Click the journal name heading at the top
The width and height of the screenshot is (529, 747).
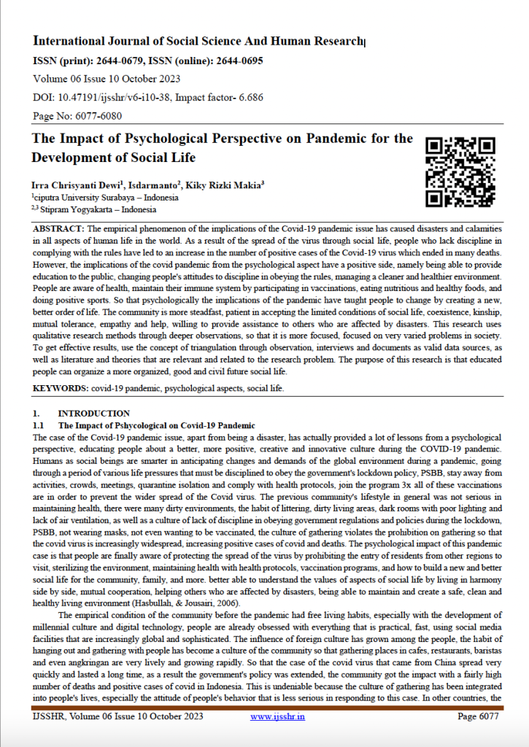click(198, 41)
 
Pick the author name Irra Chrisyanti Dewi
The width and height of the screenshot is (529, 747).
click(70, 186)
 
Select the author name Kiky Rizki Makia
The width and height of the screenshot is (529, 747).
click(223, 186)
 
